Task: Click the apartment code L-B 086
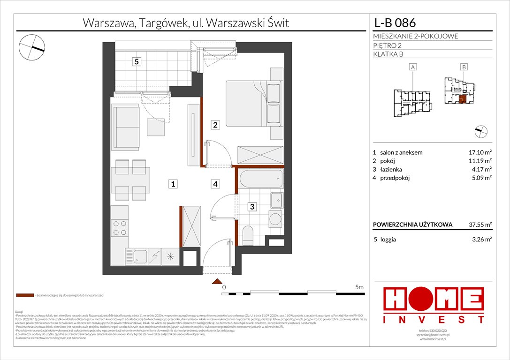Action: (395, 22)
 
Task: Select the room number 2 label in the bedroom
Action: (215, 125)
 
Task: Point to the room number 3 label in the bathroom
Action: (252, 206)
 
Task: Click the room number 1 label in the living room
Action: (173, 185)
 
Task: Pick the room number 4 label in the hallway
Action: (215, 185)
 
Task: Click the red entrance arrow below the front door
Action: (217, 281)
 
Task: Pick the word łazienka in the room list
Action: (393, 169)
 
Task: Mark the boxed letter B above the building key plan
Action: (464, 67)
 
